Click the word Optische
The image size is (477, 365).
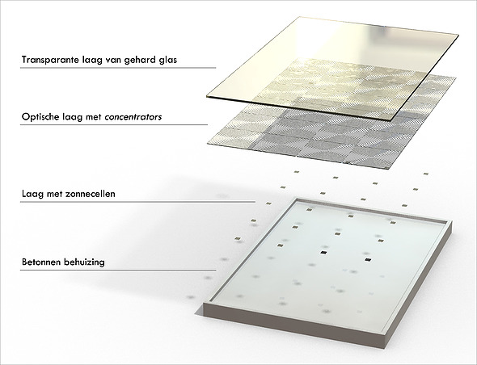40,117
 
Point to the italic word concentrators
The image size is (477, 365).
133,117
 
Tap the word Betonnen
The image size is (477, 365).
41,262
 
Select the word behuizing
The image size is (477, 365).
85,262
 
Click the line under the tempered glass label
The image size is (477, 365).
118,68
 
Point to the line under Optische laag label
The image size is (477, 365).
114,124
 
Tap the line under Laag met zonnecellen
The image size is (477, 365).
137,201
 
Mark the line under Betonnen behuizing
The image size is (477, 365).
118,270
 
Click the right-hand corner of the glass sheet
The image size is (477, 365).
458,35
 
